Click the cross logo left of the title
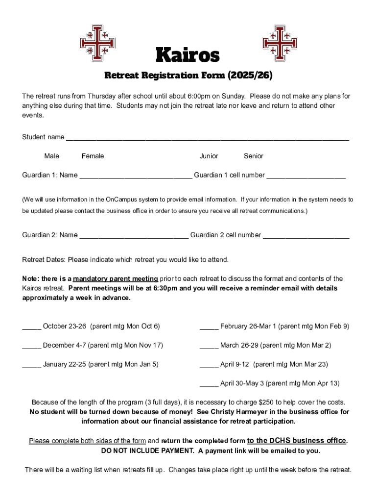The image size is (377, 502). tap(97, 43)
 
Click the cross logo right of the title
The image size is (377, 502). tap(280, 43)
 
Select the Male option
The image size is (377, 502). tap(51, 156)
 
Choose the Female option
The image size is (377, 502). tap(93, 156)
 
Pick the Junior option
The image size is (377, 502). tap(209, 156)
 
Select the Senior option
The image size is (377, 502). tap(253, 156)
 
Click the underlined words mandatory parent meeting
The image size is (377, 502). tap(116, 278)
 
